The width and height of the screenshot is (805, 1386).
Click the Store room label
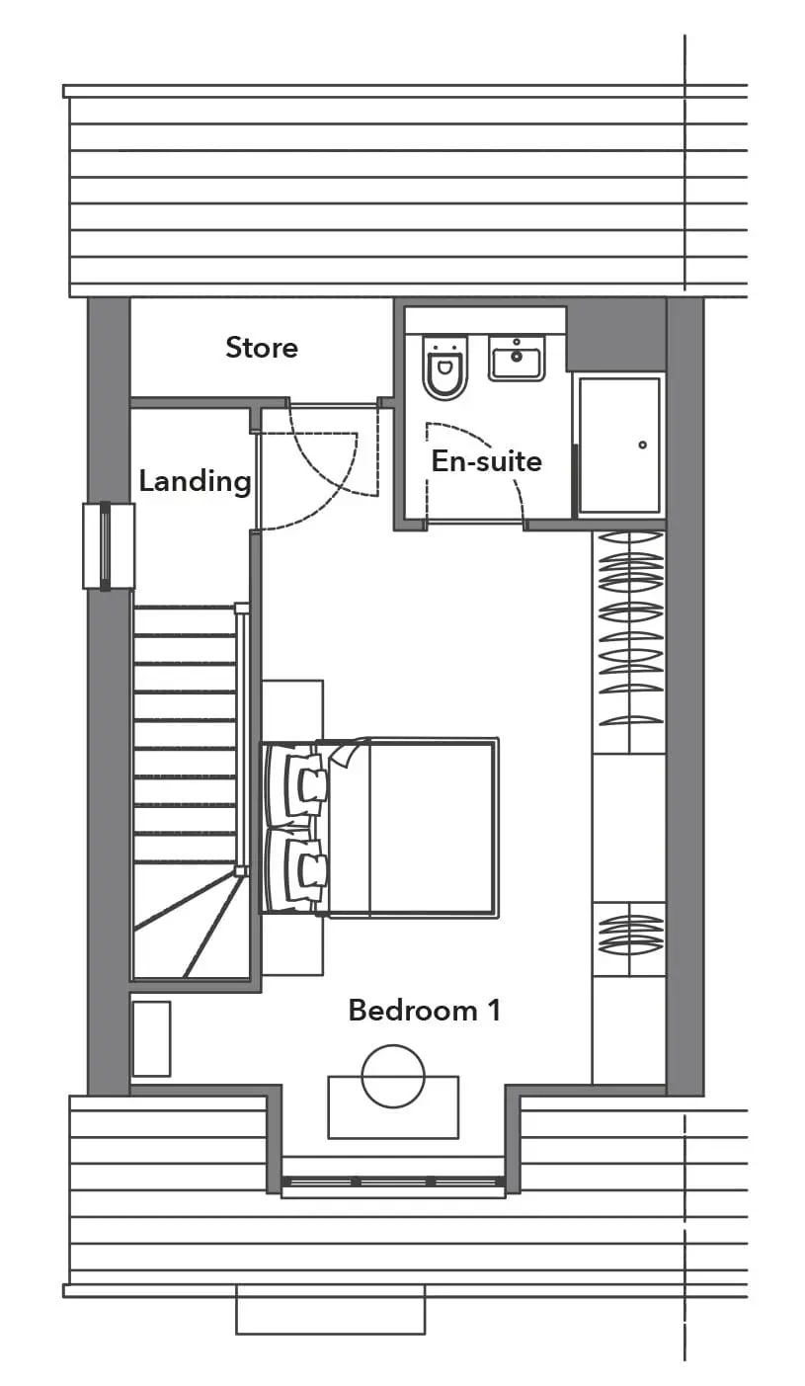tap(262, 347)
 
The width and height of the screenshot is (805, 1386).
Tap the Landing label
tap(195, 481)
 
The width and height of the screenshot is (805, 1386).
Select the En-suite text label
tap(487, 461)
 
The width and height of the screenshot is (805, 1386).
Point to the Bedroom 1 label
tap(425, 1011)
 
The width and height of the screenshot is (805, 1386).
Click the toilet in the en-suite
tap(444, 367)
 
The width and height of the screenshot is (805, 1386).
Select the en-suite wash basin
tap(517, 359)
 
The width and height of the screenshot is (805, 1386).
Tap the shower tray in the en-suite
tap(619, 446)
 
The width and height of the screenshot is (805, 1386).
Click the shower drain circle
tap(642, 445)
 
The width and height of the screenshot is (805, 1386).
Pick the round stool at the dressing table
tap(393, 1077)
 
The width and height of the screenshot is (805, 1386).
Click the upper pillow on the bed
tap(297, 782)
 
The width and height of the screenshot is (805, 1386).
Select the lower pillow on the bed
tap(297, 869)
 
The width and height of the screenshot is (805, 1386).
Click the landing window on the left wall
tap(109, 545)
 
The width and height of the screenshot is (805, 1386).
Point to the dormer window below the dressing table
tap(393, 1182)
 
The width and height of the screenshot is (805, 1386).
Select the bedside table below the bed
tap(292, 944)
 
